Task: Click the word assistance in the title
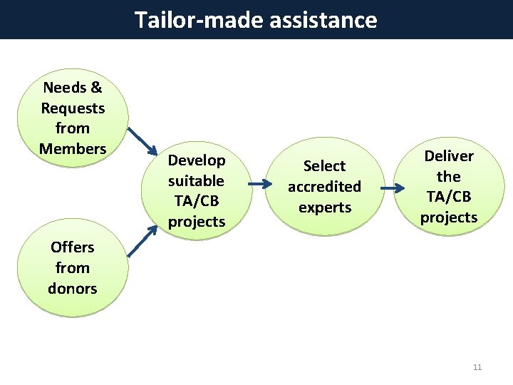coord(323,19)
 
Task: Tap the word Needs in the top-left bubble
coord(63,88)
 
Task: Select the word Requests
coord(73,108)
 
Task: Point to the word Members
coord(73,149)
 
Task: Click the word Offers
coord(73,247)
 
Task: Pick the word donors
coord(73,289)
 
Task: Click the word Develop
coord(197,160)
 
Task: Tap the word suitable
coord(197,181)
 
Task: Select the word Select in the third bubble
coord(324,166)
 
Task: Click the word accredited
coord(324,187)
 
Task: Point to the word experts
coord(324,207)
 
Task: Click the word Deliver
coord(449,156)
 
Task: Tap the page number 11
coord(477,367)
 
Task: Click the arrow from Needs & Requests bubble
coord(142,141)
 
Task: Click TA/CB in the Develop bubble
coord(197,201)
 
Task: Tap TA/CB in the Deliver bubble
coord(449,197)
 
